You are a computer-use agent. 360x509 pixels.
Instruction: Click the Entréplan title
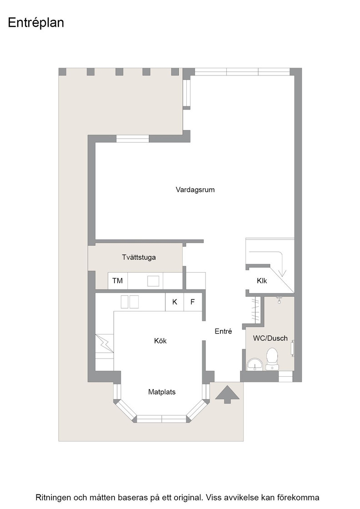tap(36, 23)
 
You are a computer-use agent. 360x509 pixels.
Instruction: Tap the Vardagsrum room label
tap(195, 190)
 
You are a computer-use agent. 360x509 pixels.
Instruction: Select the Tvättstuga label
tap(139, 257)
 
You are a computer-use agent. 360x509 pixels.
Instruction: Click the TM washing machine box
tap(118, 281)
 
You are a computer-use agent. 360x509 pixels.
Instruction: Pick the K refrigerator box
tap(175, 302)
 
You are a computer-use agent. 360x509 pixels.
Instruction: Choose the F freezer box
tap(193, 302)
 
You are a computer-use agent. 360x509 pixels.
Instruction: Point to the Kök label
tap(160, 341)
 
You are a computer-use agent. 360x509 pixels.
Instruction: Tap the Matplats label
tap(162, 392)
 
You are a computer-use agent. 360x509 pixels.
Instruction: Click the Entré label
tap(223, 331)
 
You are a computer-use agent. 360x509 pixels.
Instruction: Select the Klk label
tap(262, 281)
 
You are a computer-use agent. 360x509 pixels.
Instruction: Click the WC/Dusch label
tap(270, 338)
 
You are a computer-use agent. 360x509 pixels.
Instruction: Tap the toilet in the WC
tap(272, 359)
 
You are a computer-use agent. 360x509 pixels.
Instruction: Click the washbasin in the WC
tap(255, 364)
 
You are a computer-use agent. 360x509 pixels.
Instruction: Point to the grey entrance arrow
tap(227, 394)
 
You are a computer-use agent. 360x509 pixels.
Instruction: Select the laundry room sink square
tap(153, 281)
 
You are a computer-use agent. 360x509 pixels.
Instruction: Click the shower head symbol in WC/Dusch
tap(279, 300)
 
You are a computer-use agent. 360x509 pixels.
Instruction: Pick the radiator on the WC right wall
tap(293, 348)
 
